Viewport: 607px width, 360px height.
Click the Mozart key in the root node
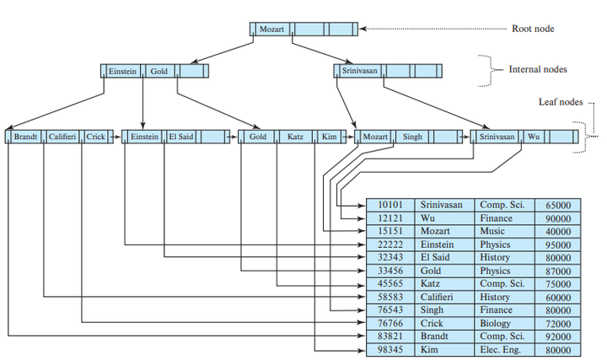coord(271,29)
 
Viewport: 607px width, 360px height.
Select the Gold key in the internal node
coord(159,72)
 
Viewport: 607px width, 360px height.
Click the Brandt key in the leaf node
coord(24,136)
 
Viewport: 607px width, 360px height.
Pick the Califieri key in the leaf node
coord(62,136)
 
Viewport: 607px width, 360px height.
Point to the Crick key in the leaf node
coord(95,136)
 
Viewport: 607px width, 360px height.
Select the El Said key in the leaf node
coord(181,136)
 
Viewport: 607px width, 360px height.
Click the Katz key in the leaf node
coord(295,136)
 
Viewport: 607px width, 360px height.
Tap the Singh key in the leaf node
coord(412,136)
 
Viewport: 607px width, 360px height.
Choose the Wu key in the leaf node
coord(534,136)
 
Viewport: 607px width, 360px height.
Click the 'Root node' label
coord(533,29)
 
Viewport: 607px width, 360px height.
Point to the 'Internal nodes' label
coord(538,69)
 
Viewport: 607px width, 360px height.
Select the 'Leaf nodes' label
coord(560,102)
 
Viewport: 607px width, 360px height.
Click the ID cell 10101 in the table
coord(389,205)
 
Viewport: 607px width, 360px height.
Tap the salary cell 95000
coord(558,244)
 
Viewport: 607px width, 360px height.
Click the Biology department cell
coord(497,324)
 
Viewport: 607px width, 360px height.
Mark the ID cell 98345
coord(389,350)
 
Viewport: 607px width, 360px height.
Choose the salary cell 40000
coord(558,231)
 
